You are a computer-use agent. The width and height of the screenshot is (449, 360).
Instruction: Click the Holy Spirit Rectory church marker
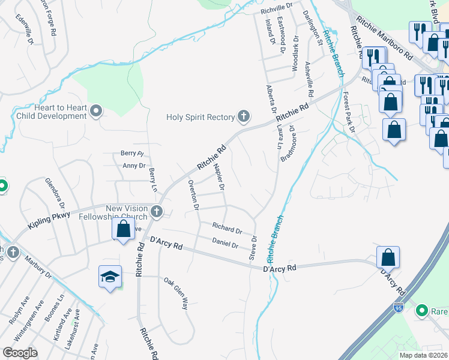[x=243, y=116]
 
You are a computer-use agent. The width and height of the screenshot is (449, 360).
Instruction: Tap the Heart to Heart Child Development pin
[x=97, y=111]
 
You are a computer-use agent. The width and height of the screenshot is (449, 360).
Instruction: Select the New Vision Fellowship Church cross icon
[x=157, y=211]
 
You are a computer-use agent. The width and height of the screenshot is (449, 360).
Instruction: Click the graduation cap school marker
[x=110, y=277]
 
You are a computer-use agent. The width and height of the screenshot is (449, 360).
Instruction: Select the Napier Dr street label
[x=219, y=178]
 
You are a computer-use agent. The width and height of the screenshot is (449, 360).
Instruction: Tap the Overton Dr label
[x=193, y=194]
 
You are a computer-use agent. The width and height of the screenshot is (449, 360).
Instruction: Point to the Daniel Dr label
[x=225, y=243]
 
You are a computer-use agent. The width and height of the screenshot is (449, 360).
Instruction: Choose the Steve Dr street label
[x=253, y=247]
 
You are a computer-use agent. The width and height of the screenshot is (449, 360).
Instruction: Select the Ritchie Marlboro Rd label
[x=385, y=37]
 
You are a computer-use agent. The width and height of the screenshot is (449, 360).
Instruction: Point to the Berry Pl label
[x=133, y=154]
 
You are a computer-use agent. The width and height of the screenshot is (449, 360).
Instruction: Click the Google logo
[x=20, y=353]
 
